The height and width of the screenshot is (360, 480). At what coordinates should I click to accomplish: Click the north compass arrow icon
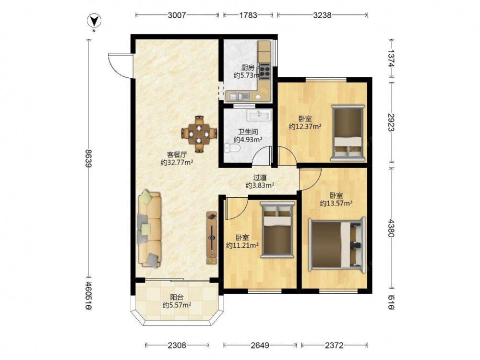click(95, 21)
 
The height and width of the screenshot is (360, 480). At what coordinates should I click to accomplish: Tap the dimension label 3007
click(177, 15)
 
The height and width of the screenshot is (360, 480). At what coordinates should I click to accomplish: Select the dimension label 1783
click(248, 15)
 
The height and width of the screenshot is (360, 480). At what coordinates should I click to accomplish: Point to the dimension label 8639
click(89, 158)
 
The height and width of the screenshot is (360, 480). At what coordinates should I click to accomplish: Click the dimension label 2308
click(177, 345)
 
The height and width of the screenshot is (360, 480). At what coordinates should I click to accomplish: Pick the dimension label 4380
click(391, 228)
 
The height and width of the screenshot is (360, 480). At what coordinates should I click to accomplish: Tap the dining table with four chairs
click(199, 134)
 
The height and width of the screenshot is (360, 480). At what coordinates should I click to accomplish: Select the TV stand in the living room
click(212, 238)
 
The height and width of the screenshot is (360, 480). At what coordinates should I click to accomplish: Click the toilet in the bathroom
click(232, 148)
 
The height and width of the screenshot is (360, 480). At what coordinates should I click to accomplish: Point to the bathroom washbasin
click(259, 115)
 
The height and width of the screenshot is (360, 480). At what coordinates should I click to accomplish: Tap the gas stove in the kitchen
click(264, 71)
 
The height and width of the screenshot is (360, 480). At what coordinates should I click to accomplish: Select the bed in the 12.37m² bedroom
click(348, 133)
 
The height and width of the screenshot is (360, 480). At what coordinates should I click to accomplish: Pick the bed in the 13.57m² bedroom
click(337, 245)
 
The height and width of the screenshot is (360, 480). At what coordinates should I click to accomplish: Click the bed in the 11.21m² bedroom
click(277, 229)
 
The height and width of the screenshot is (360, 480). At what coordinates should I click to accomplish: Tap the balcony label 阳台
click(177, 297)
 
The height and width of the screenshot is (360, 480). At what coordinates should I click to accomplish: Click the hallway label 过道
click(260, 177)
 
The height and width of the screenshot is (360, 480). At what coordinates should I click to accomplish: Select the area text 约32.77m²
click(177, 163)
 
